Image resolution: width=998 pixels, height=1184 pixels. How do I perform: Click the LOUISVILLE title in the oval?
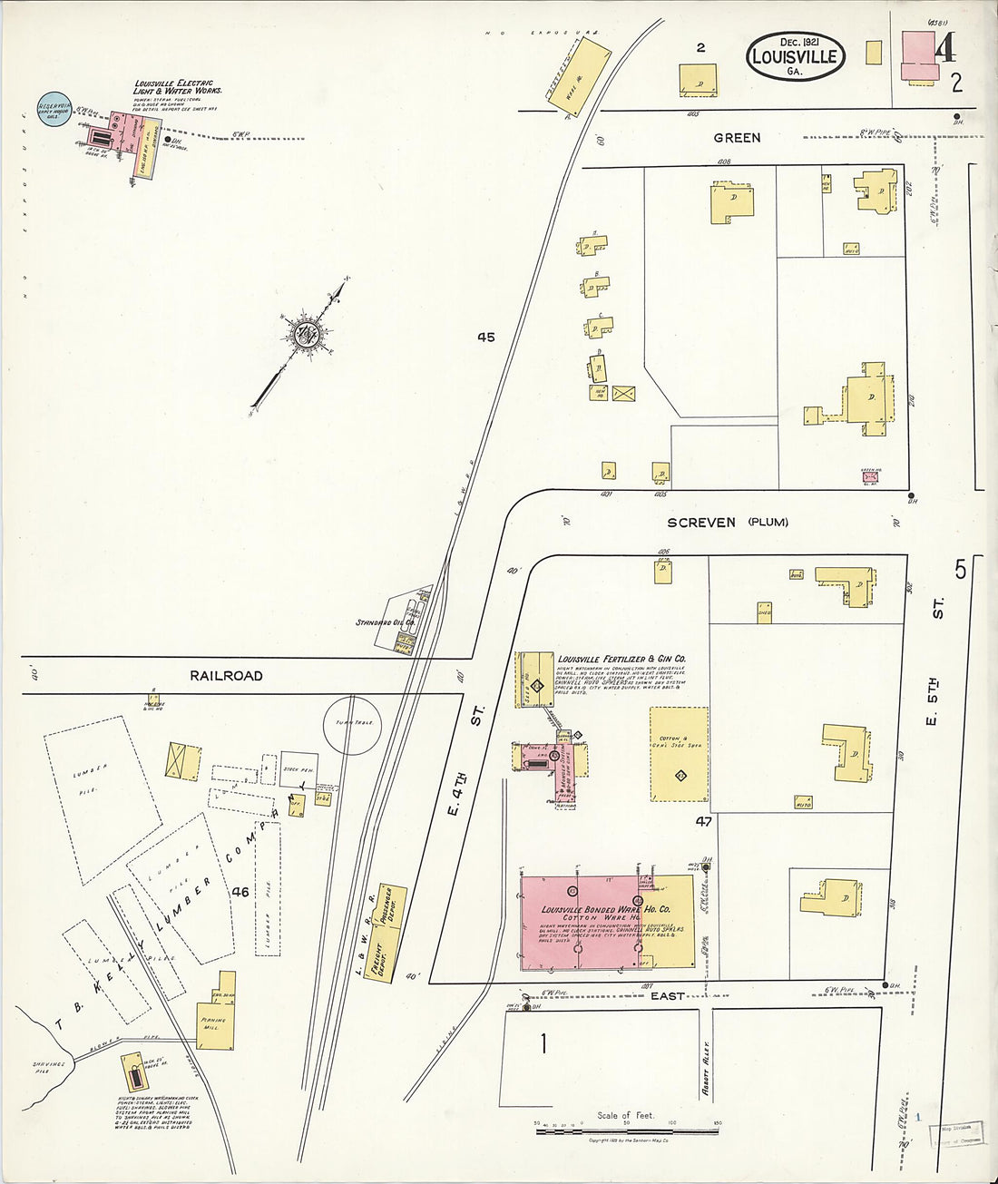[x=796, y=56]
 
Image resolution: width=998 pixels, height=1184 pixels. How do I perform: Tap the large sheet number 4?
[x=944, y=47]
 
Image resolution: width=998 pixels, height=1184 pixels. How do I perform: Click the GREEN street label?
[x=737, y=138]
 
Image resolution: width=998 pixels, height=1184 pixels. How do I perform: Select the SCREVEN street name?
[x=701, y=523]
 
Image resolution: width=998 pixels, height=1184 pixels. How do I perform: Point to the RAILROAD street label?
[x=226, y=676]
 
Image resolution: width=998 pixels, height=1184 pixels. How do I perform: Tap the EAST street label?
[x=667, y=996]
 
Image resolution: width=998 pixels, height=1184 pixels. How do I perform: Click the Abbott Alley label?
[x=705, y=1068]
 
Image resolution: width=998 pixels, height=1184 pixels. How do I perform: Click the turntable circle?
[x=354, y=724]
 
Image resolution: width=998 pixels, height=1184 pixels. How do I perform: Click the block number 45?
[x=486, y=338]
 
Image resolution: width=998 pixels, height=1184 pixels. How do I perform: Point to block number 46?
[x=240, y=893]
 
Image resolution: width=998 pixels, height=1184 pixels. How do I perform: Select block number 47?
[x=703, y=822]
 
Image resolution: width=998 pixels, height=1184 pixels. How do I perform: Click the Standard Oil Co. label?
[x=385, y=623]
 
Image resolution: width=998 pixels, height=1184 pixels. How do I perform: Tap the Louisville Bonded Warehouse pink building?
[x=581, y=922]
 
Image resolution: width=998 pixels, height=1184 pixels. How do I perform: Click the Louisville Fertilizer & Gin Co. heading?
[x=621, y=659]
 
